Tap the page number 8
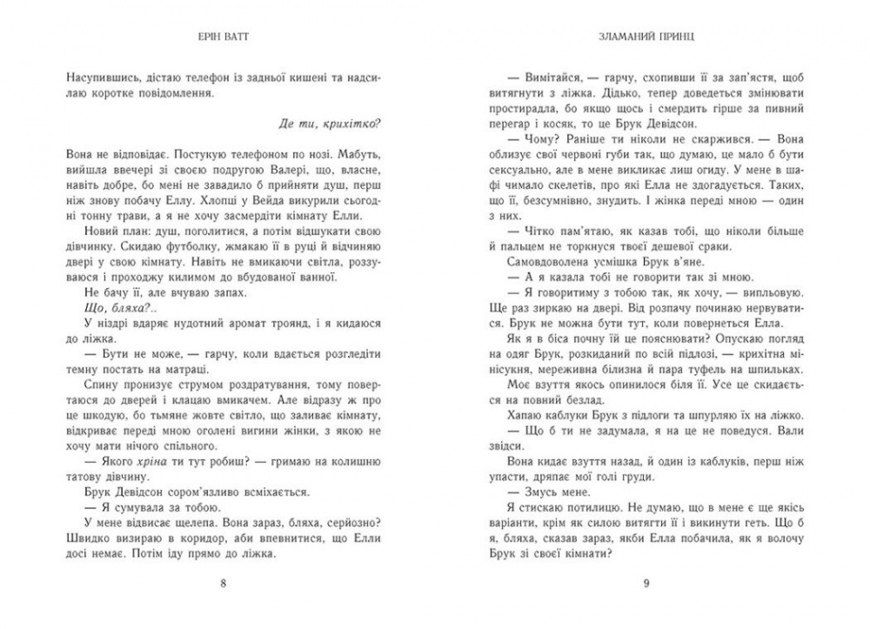[225, 583]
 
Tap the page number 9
[645, 583]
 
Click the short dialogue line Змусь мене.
[530, 490]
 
